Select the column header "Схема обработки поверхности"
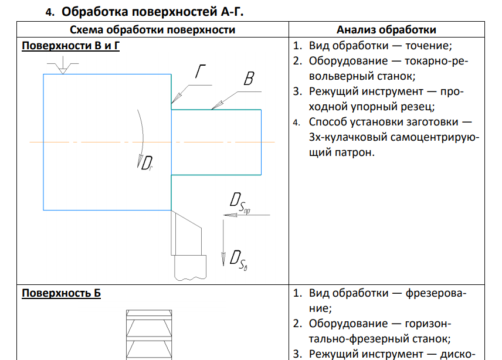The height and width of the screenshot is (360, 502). tap(152, 30)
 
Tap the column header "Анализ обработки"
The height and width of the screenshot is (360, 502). tap(386, 30)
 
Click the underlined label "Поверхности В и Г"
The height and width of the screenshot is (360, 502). tap(70, 46)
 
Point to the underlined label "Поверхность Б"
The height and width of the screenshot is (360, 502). tap(61, 293)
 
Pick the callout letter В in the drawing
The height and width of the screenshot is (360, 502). tap(249, 79)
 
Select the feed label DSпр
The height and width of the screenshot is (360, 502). tap(240, 202)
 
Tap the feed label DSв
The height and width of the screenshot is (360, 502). tap(238, 259)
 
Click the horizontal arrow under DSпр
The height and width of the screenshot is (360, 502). tap(246, 215)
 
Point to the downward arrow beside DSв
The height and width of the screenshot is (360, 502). tap(223, 246)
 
